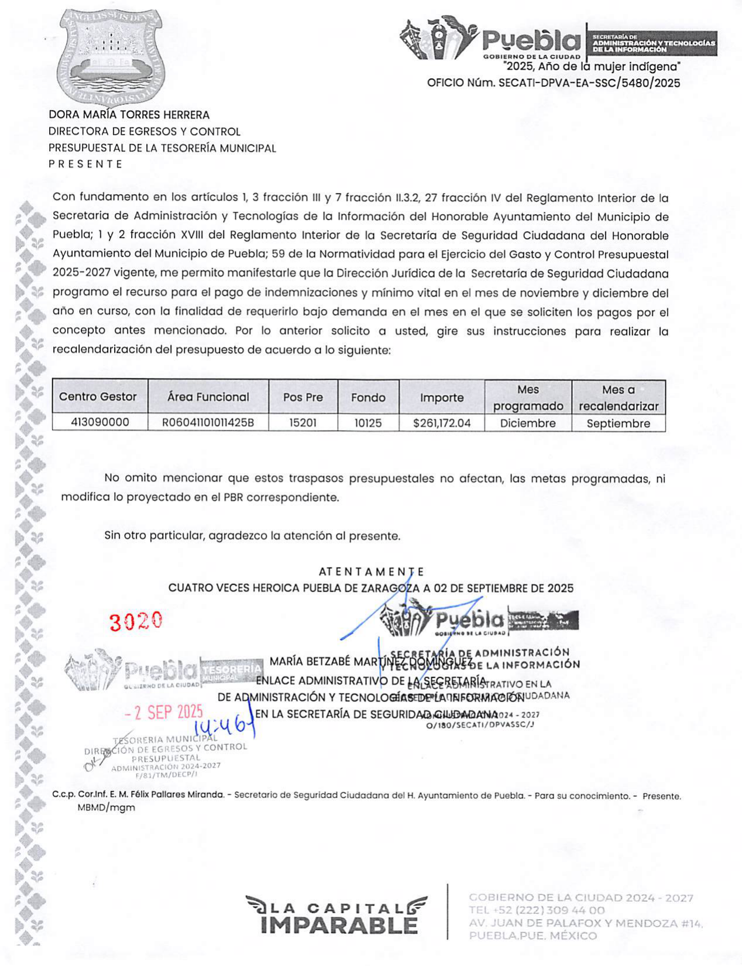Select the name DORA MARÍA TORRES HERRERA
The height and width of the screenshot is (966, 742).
click(129, 115)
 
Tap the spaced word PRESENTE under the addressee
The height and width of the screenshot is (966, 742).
click(85, 164)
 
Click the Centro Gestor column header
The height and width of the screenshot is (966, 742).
click(98, 397)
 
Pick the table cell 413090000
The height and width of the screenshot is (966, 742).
click(100, 422)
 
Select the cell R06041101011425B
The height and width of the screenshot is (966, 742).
click(208, 422)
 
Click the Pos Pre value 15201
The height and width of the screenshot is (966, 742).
click(303, 422)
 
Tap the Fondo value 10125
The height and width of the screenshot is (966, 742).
click(368, 422)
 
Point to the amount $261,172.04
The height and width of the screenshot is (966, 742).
click(442, 422)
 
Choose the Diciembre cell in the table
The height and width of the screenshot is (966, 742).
click(528, 423)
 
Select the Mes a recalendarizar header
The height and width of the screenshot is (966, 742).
click(619, 398)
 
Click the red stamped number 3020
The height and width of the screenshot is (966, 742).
click(136, 621)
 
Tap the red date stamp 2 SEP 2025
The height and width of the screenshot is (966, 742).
click(164, 712)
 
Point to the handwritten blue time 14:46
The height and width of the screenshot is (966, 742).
click(221, 727)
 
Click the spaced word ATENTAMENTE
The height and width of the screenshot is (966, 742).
click(372, 572)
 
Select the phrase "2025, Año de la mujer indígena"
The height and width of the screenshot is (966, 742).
click(592, 67)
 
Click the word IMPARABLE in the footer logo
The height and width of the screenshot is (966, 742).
click(339, 926)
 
